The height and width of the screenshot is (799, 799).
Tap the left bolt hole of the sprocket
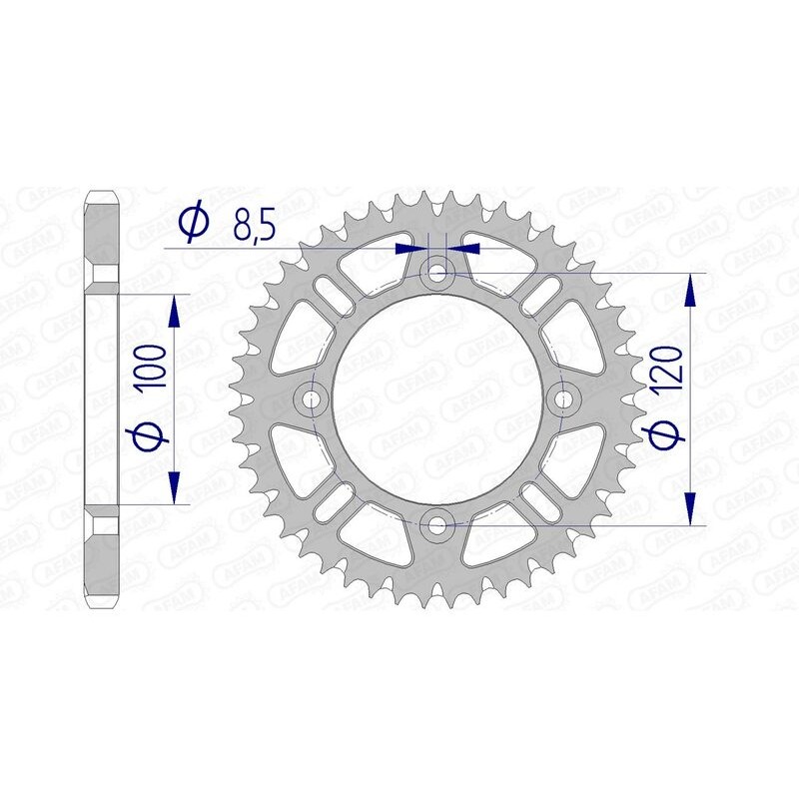coord(313,399)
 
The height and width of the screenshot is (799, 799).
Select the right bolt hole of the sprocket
coord(564,399)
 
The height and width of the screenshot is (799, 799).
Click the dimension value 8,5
coord(254,227)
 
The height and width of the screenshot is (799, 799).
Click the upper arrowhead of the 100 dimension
coord(175,311)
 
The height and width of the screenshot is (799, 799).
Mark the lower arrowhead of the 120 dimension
coord(689,506)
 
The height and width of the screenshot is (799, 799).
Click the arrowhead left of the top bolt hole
coord(410,246)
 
